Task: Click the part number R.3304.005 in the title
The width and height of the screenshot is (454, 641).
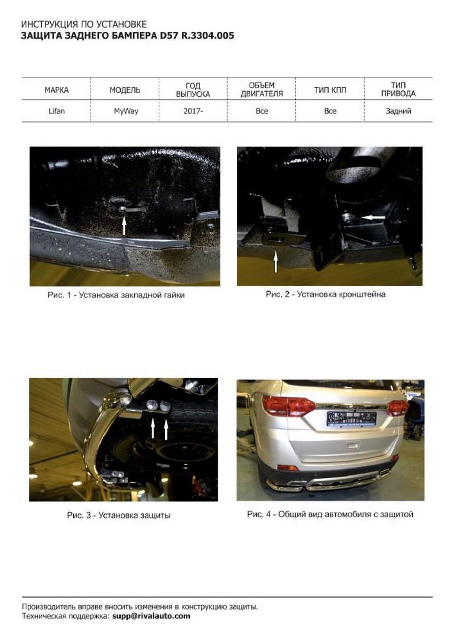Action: point(207,36)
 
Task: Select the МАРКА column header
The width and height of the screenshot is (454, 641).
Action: point(57,90)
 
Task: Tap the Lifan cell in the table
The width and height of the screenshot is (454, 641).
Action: point(57,111)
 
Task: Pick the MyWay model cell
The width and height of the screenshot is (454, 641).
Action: point(126,111)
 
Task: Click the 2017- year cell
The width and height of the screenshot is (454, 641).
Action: point(193,111)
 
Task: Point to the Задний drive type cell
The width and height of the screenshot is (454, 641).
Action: point(398,111)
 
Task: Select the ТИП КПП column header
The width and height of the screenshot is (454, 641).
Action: point(330,90)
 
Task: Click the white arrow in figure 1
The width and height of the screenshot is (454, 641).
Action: point(124,226)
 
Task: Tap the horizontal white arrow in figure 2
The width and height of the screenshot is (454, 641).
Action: point(373,217)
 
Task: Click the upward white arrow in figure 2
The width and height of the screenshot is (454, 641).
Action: point(276,261)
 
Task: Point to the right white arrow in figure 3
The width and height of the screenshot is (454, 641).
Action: point(166,428)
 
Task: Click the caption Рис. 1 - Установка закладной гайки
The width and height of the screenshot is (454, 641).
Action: point(116,295)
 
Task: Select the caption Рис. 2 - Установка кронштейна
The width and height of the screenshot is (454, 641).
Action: point(325,294)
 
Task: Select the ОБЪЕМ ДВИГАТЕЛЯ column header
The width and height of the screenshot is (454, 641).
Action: point(261,90)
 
